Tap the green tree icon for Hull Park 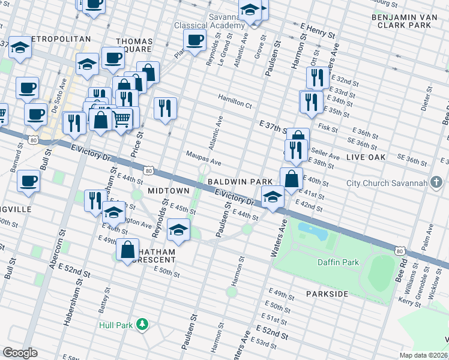(142, 325)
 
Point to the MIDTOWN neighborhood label (169, 190)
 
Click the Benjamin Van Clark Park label (402, 21)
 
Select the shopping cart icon (122, 119)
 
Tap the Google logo (20, 353)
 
